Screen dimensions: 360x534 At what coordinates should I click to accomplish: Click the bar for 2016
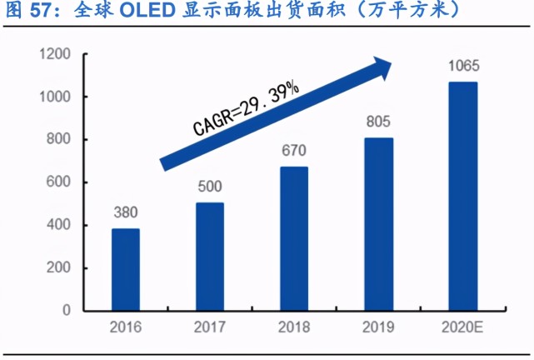125,269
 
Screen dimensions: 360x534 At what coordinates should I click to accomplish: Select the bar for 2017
209,256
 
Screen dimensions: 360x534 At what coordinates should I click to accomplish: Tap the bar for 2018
293,238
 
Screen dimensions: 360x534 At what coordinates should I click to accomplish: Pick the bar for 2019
377,223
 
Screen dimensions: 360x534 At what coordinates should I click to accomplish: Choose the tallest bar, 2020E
462,196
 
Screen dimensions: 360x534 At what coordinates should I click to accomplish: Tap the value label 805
377,123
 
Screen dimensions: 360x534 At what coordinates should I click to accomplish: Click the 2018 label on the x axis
293,327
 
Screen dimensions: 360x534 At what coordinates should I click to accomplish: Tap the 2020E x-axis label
462,327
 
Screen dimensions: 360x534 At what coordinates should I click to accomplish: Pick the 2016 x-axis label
125,327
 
